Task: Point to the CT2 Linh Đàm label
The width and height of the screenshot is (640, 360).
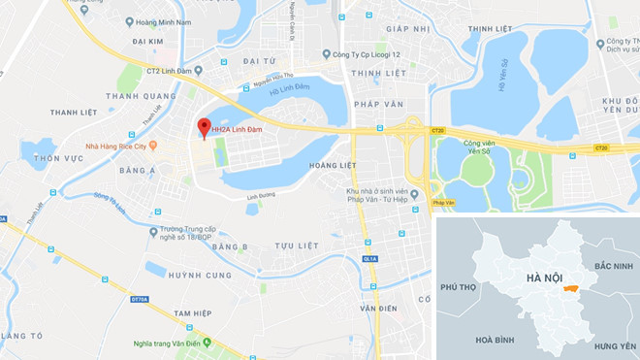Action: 168,70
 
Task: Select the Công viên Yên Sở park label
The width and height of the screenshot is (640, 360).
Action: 461,147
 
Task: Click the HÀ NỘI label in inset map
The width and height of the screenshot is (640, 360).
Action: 544,278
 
